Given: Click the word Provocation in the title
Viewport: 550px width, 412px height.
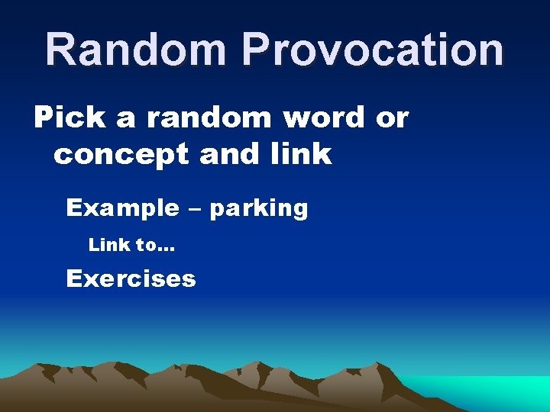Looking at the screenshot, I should pos(373,50).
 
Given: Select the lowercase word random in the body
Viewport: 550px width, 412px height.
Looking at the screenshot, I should pos(207,118).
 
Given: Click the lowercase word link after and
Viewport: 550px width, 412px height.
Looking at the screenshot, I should pos(302,154).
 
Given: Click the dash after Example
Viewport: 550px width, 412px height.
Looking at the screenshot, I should pos(194,208).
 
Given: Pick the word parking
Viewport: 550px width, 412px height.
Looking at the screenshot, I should pos(258,209).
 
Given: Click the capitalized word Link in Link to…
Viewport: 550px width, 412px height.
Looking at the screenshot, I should pos(108,245).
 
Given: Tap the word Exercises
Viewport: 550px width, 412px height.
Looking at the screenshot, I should pos(131,278).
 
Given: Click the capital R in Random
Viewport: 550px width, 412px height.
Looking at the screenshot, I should pos(60,50).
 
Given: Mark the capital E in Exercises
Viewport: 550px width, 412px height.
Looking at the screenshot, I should pos(74,278).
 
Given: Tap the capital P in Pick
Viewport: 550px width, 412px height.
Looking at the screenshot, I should pos(45,117).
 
